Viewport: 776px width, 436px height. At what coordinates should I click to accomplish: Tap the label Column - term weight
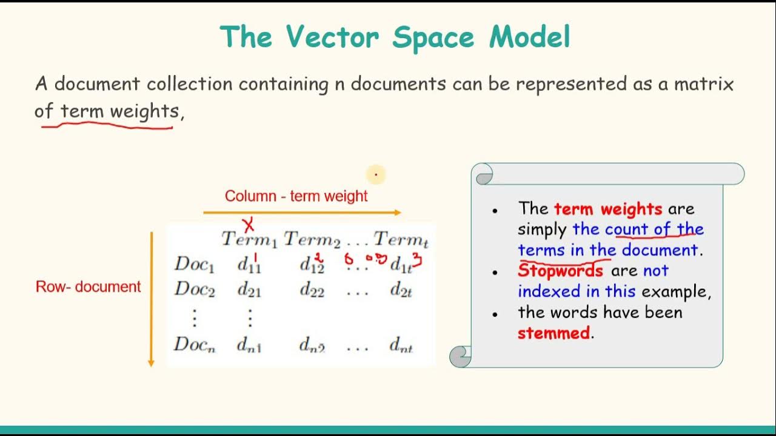(296, 196)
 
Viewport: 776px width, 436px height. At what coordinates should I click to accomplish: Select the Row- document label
(88, 287)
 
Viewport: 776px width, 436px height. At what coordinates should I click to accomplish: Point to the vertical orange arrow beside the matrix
(152, 299)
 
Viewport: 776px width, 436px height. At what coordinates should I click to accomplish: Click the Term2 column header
(312, 240)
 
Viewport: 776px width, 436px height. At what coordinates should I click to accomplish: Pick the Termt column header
(401, 240)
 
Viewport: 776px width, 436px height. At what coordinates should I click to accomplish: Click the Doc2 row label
(195, 289)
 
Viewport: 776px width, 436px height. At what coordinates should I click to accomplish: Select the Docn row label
(195, 345)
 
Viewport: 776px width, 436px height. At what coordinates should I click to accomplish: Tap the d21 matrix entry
(249, 290)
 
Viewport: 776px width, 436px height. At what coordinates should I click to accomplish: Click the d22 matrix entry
(312, 290)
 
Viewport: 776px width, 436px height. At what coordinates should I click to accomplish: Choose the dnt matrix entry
(401, 346)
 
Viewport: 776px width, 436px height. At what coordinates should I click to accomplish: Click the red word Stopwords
(560, 271)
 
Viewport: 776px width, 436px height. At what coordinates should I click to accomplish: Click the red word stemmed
(554, 333)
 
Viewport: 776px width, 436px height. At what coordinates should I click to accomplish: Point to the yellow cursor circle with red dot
(376, 175)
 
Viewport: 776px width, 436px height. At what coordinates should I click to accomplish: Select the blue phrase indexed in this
(576, 291)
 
